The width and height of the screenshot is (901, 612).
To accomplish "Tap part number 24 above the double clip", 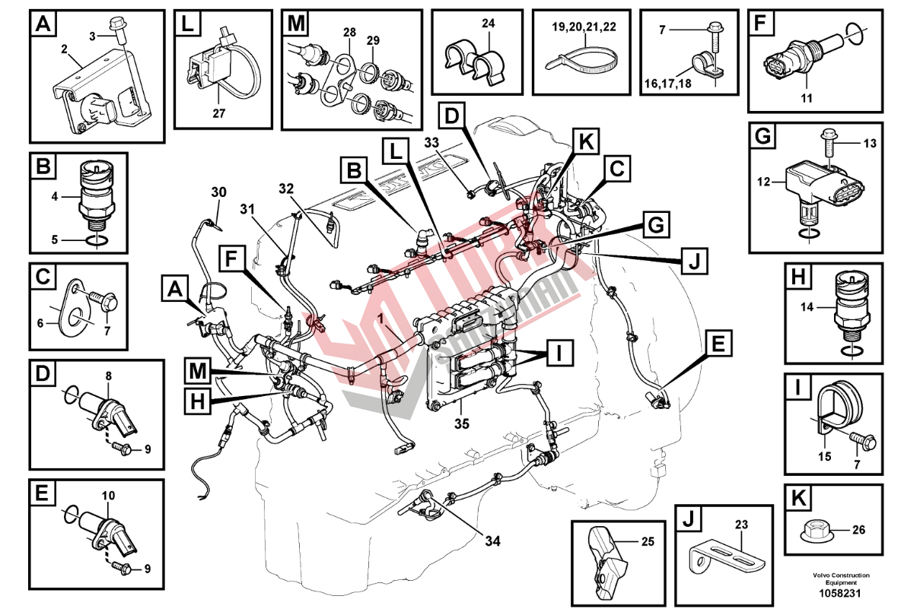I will (x=488, y=24).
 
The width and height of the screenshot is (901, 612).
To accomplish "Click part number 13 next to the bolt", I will (x=870, y=143).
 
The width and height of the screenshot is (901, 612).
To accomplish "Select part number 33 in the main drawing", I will (x=453, y=142).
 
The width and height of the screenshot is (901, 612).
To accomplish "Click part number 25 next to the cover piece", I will (x=647, y=542).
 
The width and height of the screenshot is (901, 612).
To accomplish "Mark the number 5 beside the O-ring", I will (x=53, y=240).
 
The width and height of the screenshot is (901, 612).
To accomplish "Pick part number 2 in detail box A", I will (x=65, y=49).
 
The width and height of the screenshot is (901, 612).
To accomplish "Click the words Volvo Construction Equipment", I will (x=840, y=579).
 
